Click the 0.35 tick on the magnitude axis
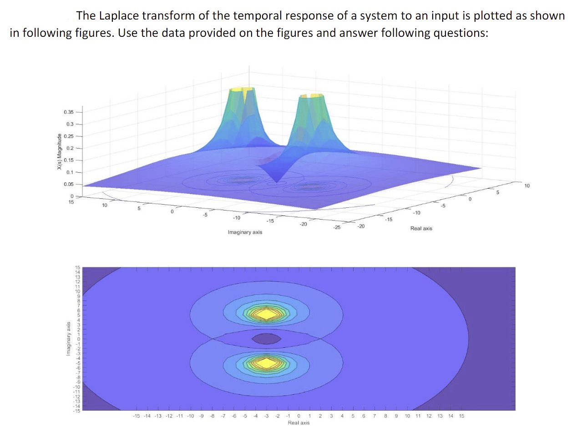pos(69,112)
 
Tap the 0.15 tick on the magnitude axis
pos(69,160)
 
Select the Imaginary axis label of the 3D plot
pos(244,232)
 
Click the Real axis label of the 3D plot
pos(421,229)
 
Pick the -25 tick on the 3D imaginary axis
pos(336,227)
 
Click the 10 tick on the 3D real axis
pos(527,185)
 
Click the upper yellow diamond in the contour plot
pos(267,314)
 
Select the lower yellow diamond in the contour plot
pos(267,362)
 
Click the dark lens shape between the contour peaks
pos(267,338)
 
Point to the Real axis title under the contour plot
pos(299,422)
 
